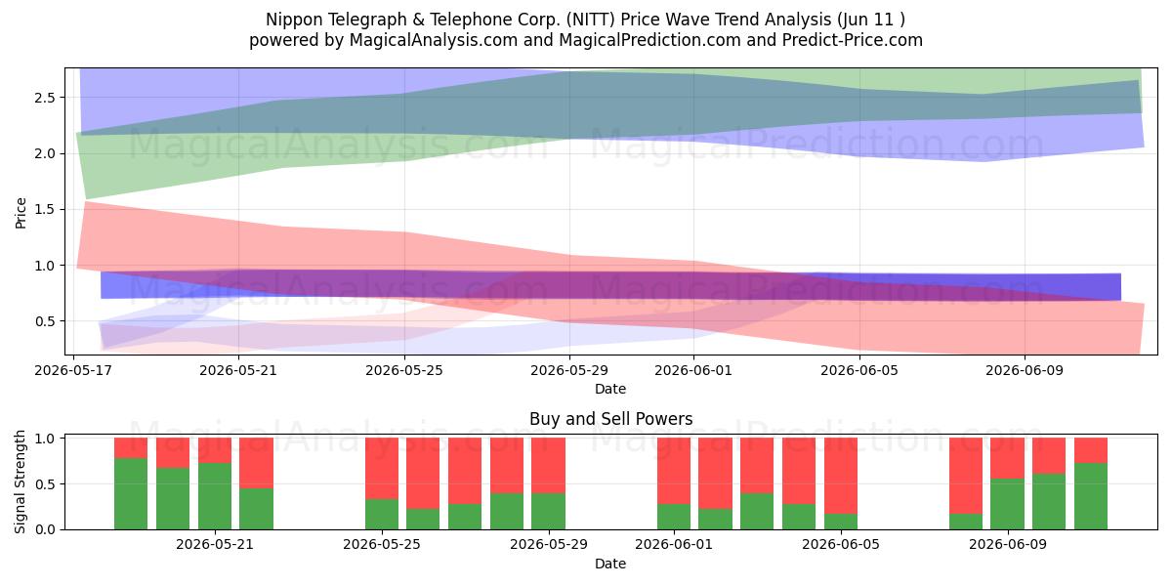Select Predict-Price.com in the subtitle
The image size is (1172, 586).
[853, 40]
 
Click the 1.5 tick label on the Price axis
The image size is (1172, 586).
[45, 209]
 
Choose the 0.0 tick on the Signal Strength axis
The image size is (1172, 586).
[45, 529]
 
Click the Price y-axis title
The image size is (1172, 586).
[21, 213]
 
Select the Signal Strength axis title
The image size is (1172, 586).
[20, 481]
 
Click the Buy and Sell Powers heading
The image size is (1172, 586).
[611, 419]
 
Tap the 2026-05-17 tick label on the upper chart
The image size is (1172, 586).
[73, 370]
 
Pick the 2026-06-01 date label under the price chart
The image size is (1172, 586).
[693, 370]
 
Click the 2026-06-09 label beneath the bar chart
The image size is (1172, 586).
[1008, 544]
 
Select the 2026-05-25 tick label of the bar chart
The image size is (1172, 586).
[382, 544]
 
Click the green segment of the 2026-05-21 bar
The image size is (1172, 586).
[215, 496]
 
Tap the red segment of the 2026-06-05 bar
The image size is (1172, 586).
[841, 476]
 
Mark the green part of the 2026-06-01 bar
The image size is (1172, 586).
[674, 517]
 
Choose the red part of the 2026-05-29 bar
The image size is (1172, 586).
[548, 466]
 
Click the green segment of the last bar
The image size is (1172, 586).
[1091, 496]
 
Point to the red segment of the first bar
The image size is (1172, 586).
[131, 448]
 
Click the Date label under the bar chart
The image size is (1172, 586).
[610, 564]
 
